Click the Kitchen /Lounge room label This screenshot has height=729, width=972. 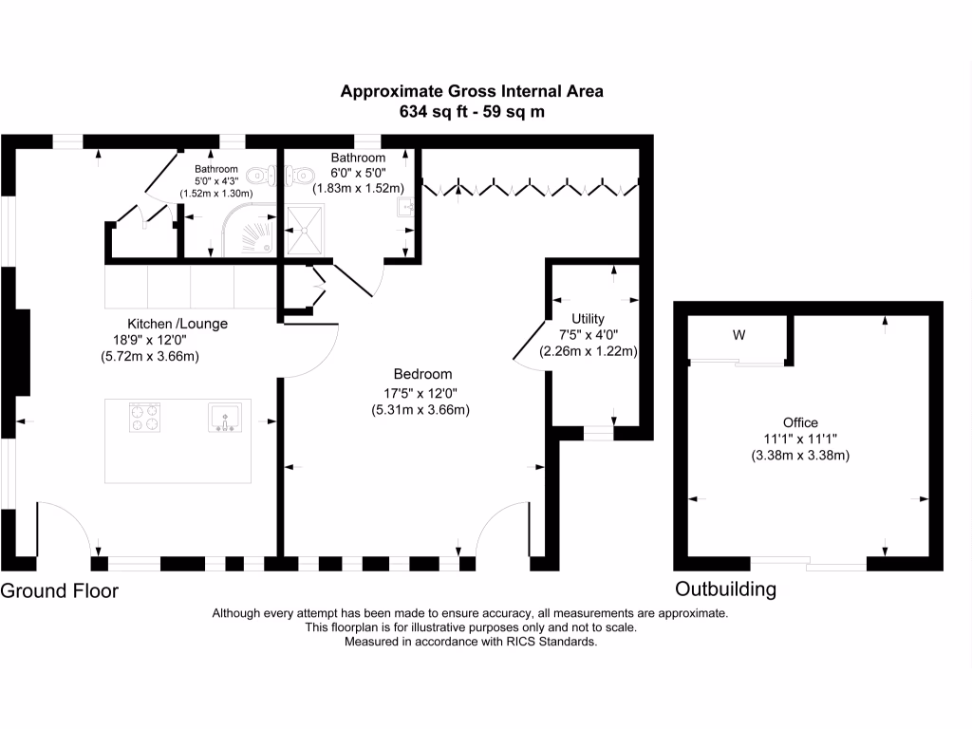178,324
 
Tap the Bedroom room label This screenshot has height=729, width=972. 422,374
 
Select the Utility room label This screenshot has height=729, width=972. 588,319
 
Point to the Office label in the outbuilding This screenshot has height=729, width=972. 800,422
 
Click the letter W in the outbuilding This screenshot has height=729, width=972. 738,335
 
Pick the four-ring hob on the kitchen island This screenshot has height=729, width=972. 145,418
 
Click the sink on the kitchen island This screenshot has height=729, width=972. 225,418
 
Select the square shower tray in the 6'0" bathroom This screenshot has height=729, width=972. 305,230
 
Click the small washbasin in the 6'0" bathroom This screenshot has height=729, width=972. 404,206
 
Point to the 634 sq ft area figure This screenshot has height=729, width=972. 434,112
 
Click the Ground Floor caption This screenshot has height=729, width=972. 60,590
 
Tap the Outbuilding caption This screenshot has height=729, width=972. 725,589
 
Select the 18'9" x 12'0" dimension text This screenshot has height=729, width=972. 149,340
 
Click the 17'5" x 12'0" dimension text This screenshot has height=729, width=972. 421,393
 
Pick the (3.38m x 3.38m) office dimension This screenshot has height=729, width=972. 800,456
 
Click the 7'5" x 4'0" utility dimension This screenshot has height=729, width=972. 589,335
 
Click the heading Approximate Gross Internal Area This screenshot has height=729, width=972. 472,92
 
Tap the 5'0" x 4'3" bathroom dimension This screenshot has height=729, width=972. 216,181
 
